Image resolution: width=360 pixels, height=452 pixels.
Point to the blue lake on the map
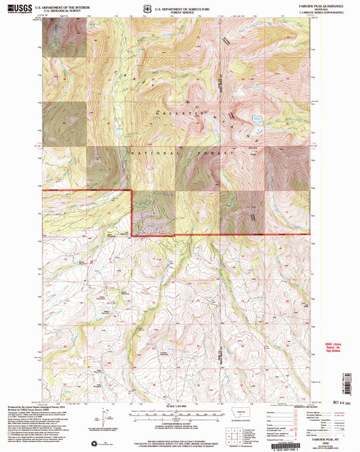pos(257,120)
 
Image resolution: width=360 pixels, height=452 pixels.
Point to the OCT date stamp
pos(327,393)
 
